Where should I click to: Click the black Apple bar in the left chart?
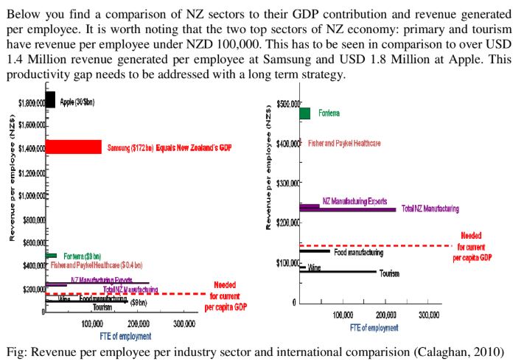click(50, 99)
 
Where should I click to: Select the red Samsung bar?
click(73, 147)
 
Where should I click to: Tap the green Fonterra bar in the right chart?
click(304, 113)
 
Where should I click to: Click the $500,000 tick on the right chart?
click(286, 103)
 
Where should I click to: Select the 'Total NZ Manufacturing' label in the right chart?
click(430, 209)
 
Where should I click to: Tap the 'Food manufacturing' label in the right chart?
click(359, 252)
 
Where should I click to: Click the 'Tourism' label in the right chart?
click(389, 274)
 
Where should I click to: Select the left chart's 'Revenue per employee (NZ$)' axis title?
click(13, 200)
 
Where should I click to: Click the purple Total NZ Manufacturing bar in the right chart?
click(354, 209)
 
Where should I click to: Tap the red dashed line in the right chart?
click(376, 245)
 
